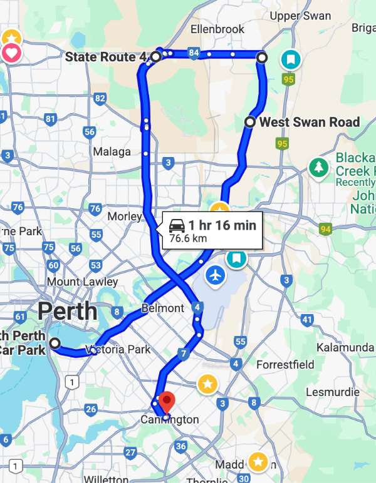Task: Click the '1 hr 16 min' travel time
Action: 222,225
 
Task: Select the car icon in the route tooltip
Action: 177,225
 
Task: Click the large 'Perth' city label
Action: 67,311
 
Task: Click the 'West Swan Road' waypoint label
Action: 310,122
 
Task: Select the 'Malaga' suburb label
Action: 112,151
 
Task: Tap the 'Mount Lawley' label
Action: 82,282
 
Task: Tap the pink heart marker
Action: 12,53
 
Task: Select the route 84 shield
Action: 194,54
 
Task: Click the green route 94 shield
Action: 325,230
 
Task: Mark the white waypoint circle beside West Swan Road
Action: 249,122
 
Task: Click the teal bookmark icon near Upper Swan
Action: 291,59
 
